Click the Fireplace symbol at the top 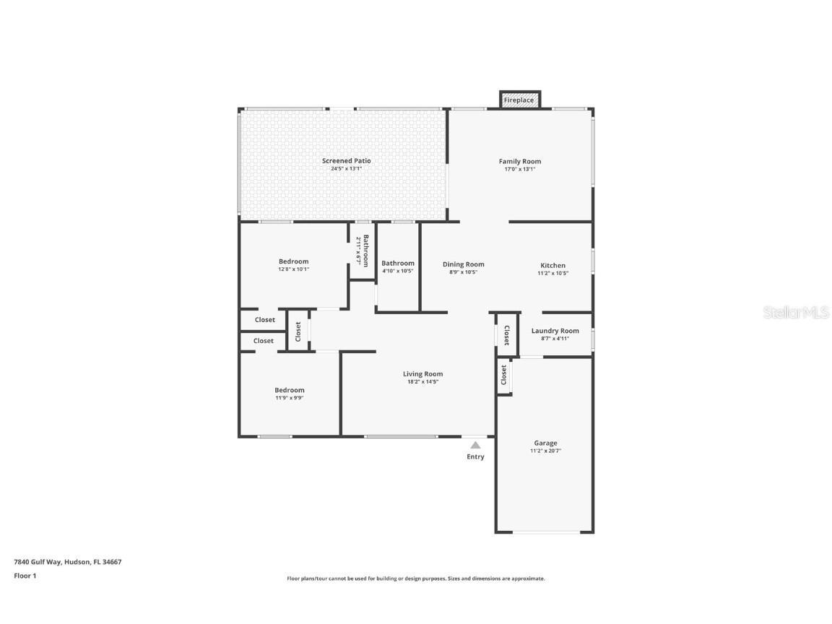click(x=519, y=100)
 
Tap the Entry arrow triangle click(x=475, y=446)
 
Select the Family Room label click(x=519, y=161)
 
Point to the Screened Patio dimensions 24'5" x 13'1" click(x=346, y=169)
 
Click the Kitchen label click(x=552, y=265)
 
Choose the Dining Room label click(x=463, y=264)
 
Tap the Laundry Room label click(x=555, y=331)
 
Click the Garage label click(x=545, y=443)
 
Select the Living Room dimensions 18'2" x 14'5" click(x=422, y=382)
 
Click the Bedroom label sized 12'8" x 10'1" click(x=293, y=261)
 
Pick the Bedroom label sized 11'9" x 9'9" click(x=289, y=390)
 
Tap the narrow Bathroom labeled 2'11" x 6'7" click(x=363, y=250)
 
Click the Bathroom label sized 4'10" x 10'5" click(x=397, y=263)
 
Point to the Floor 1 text click(x=25, y=576)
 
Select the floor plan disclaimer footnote click(x=415, y=578)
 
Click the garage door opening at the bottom click(x=546, y=533)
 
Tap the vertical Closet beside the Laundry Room click(x=506, y=335)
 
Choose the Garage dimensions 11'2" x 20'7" click(x=545, y=451)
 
